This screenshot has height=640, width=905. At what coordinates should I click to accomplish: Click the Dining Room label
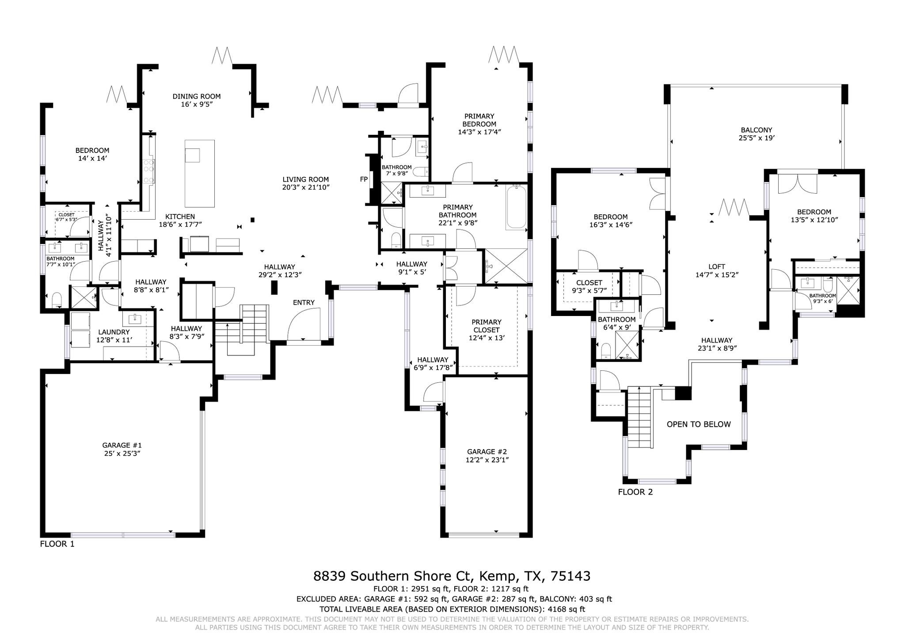pos(196,96)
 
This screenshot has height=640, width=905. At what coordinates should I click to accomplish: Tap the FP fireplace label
pos(364,179)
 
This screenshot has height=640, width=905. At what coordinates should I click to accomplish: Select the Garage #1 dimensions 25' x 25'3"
pos(122,453)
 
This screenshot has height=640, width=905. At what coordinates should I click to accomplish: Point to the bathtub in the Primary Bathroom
pos(516,206)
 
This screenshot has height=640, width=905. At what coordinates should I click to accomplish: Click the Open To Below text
pos(698,424)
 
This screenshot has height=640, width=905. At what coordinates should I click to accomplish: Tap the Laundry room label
pos(114,332)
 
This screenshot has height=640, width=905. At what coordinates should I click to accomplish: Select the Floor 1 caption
pos(57,544)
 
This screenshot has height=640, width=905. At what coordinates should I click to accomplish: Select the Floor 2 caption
pos(635,492)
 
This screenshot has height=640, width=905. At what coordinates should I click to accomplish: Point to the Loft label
pos(716,267)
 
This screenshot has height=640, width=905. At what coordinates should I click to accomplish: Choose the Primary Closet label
pos(486,326)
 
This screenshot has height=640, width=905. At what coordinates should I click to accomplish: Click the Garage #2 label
pos(487,452)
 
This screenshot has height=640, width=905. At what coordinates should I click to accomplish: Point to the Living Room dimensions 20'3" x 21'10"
pos(306,187)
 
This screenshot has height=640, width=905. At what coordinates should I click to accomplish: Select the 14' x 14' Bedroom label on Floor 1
pos(92,154)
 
